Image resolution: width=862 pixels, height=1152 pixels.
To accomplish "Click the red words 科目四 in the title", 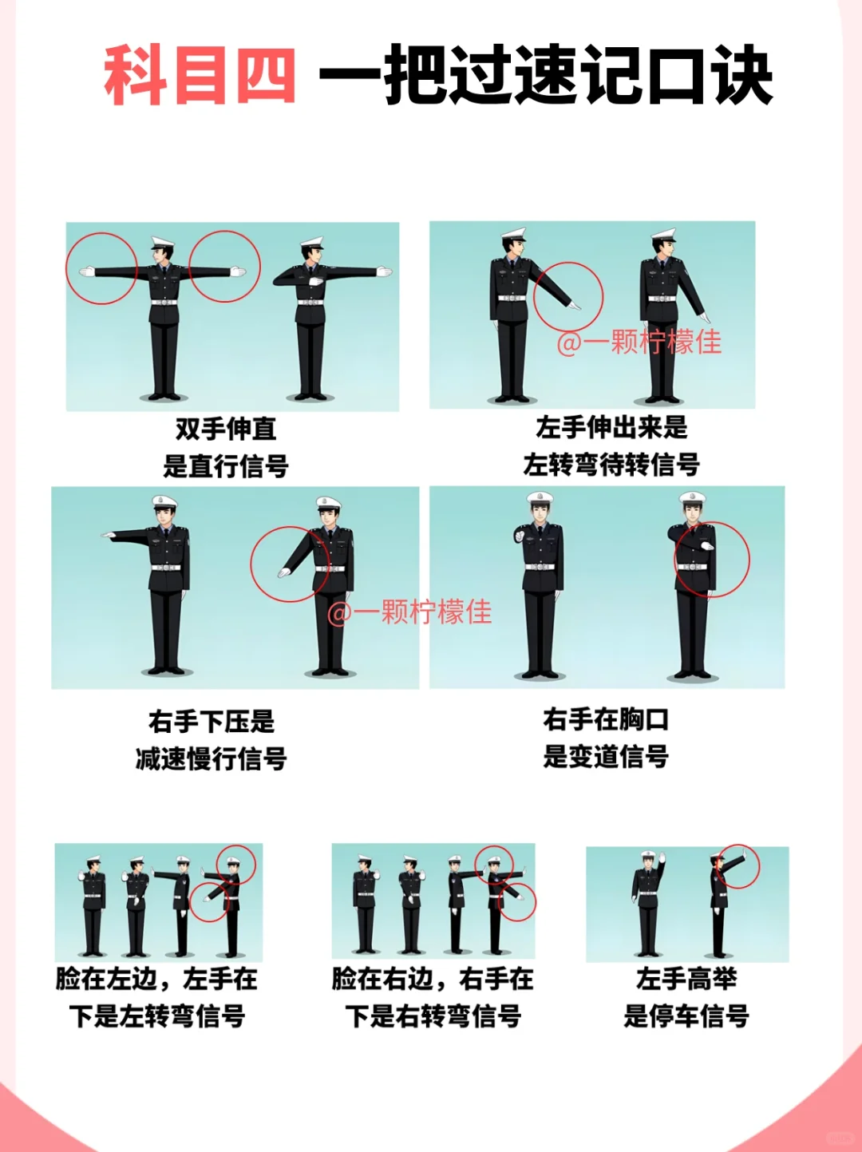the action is click(x=200, y=76).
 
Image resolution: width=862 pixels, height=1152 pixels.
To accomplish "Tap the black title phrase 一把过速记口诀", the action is click(x=546, y=76).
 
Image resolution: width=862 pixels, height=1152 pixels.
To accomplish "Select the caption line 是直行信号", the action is click(x=226, y=466).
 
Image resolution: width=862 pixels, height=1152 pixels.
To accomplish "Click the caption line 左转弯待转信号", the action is click(x=611, y=465).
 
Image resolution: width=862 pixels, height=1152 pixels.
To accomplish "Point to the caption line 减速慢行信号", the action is click(x=212, y=758).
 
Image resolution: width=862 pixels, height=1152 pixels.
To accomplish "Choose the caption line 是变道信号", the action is click(x=606, y=756).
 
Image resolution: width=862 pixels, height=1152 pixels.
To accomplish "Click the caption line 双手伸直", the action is click(x=226, y=429).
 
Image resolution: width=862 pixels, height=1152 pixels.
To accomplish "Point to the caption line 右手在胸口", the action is click(x=606, y=719).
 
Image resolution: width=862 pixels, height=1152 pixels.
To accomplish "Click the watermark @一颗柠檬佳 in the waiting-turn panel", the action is click(x=639, y=342).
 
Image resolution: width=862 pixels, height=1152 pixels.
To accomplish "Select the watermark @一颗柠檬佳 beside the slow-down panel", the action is click(x=409, y=612).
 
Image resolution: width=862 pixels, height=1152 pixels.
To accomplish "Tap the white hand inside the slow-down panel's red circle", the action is click(x=284, y=572).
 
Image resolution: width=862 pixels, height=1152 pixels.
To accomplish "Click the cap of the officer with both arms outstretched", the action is click(x=162, y=243).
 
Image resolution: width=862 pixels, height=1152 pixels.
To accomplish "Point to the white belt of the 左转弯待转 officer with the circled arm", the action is click(x=512, y=298).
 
